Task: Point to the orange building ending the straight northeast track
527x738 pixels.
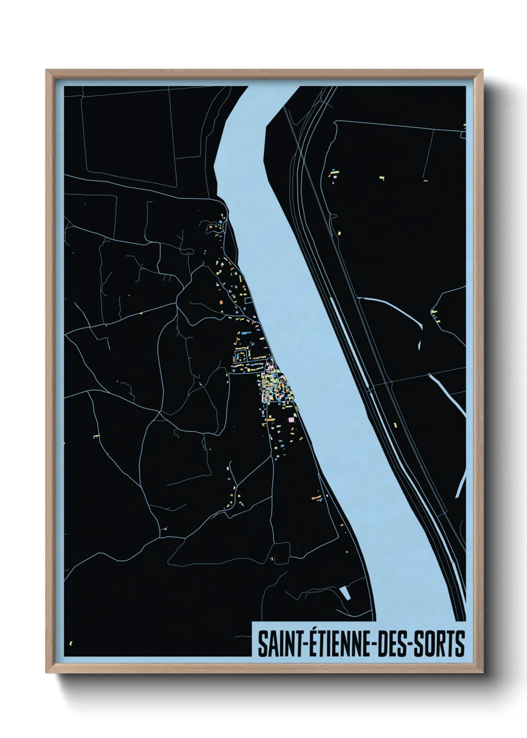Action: pyautogui.click(x=425, y=181)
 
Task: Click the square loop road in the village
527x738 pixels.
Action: pyautogui.click(x=242, y=355)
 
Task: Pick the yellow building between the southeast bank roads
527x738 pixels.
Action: pyautogui.click(x=395, y=425)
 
